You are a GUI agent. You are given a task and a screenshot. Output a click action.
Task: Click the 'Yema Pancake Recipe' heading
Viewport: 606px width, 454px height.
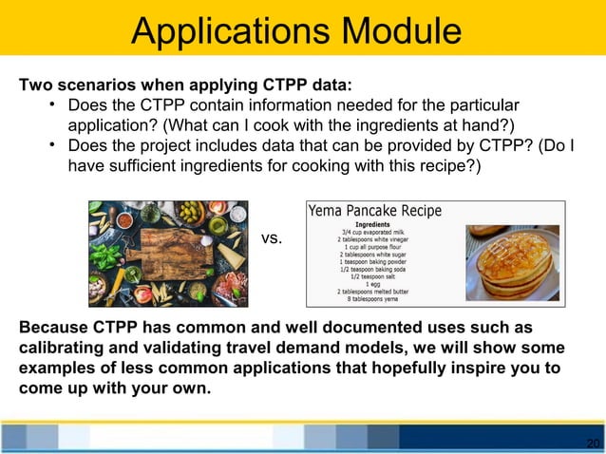click(374, 210)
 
